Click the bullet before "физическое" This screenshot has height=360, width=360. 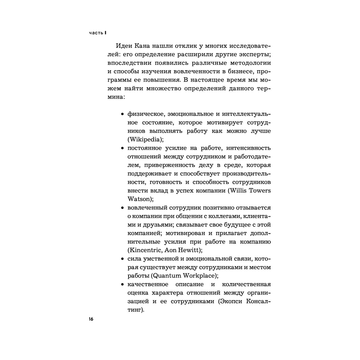tap(122, 114)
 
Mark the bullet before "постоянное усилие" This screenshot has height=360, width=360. tap(122, 148)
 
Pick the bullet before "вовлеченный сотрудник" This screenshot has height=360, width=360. tap(122, 208)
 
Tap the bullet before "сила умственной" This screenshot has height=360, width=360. tap(122, 259)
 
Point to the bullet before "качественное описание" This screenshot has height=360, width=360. tap(122, 284)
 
